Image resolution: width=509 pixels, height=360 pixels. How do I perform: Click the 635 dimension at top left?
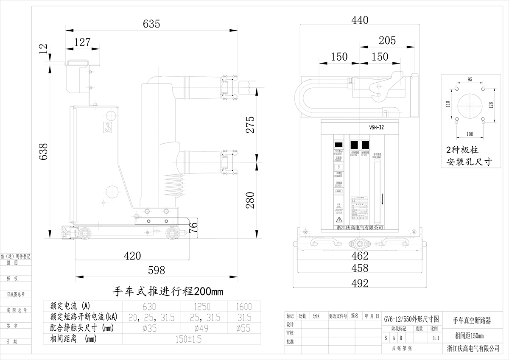tap(151, 24)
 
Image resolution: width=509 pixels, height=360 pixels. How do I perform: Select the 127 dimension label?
tap(83, 42)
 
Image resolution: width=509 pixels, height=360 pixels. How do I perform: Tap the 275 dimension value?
tap(250, 125)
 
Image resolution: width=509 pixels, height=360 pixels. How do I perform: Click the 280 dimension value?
tap(250, 200)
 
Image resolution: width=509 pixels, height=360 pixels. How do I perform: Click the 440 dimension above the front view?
tap(360, 20)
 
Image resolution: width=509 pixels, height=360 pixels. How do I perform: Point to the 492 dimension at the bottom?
tap(360, 283)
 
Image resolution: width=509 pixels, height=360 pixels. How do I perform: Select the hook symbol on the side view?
tap(108, 127)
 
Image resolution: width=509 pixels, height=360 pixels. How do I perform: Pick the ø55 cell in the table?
tap(243, 328)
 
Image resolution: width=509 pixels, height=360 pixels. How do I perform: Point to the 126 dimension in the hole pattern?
tap(491, 105)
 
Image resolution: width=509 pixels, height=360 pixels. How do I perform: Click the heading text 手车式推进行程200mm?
tap(166, 292)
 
